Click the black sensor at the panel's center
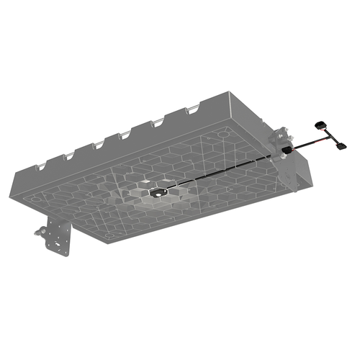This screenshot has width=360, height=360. click(158, 193)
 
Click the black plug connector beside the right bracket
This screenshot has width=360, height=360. click(286, 149)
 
